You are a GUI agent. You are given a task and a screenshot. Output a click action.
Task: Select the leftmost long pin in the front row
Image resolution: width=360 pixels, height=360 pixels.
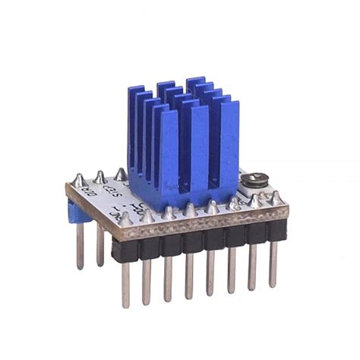(x=125, y=283)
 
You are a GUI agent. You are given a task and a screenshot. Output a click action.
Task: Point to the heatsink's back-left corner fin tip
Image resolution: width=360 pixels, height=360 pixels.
(x=136, y=95)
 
